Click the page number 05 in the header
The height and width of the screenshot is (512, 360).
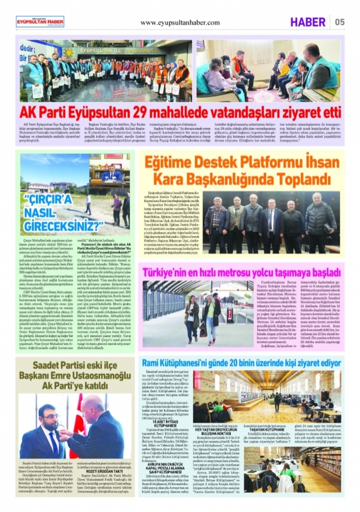click(x=340, y=22)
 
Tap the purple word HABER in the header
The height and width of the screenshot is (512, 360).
click(x=308, y=22)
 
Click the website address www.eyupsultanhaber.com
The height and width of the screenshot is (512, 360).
click(x=180, y=23)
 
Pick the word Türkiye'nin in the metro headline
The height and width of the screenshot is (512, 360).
click(x=162, y=273)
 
